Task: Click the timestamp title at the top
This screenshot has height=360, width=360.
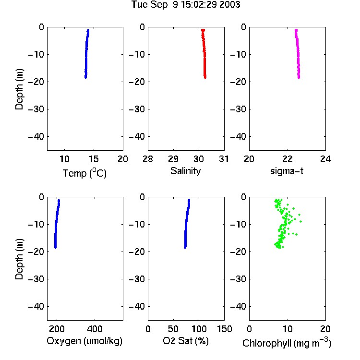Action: click(185, 4)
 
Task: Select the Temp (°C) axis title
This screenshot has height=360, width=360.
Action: click(84, 173)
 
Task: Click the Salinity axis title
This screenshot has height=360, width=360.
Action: click(185, 171)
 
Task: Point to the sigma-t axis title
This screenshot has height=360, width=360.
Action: click(287, 171)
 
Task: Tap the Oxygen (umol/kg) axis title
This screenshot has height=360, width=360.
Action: click(84, 341)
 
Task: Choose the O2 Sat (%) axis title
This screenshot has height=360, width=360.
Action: click(185, 341)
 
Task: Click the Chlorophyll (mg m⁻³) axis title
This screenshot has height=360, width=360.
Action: click(287, 343)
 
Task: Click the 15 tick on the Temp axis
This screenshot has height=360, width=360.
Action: click(94, 159)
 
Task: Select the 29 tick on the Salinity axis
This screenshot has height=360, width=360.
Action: click(173, 159)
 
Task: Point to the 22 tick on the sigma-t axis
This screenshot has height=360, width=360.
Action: click(287, 159)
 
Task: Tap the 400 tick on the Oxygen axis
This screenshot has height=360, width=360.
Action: click(95, 329)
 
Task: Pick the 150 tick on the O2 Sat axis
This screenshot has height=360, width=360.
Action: click(224, 329)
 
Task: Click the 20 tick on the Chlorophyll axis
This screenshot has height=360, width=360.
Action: click(325, 329)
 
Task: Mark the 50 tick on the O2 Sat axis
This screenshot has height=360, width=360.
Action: click(173, 329)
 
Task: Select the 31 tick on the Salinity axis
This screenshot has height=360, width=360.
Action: click(224, 159)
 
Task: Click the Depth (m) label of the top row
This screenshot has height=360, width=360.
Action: click(19, 89)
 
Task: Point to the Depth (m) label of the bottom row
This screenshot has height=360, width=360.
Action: click(19, 259)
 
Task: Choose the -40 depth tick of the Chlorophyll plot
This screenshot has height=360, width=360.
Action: click(238, 306)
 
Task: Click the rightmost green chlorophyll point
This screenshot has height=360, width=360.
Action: click(300, 222)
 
